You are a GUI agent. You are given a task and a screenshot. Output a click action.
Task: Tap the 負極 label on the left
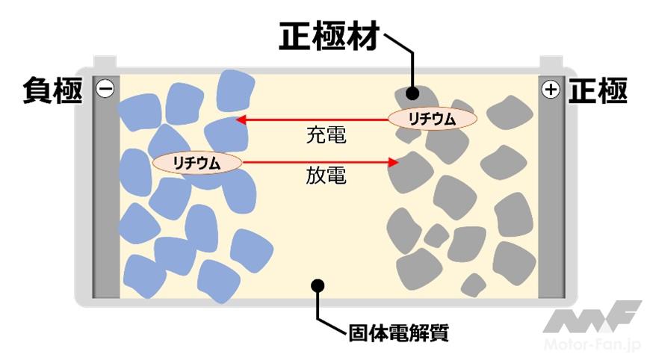[x=52, y=90]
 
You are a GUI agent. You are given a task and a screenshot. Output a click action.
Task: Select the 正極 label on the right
[x=598, y=90]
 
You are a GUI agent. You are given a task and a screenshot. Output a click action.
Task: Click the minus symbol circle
[x=105, y=90]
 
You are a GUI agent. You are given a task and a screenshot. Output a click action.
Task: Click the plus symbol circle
[x=551, y=90]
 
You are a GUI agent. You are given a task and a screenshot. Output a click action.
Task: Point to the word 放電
[x=326, y=177]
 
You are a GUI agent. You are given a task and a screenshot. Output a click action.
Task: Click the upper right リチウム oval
[x=433, y=118]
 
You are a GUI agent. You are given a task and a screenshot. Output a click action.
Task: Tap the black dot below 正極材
[x=412, y=94]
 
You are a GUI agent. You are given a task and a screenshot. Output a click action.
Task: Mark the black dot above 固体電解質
[x=318, y=285]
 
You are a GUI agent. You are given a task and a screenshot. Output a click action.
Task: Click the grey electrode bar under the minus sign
[x=105, y=202]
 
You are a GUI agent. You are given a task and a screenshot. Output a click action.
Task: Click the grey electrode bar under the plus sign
[x=551, y=202]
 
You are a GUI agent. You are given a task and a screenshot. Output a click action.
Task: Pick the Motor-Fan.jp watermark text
[x=594, y=346]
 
